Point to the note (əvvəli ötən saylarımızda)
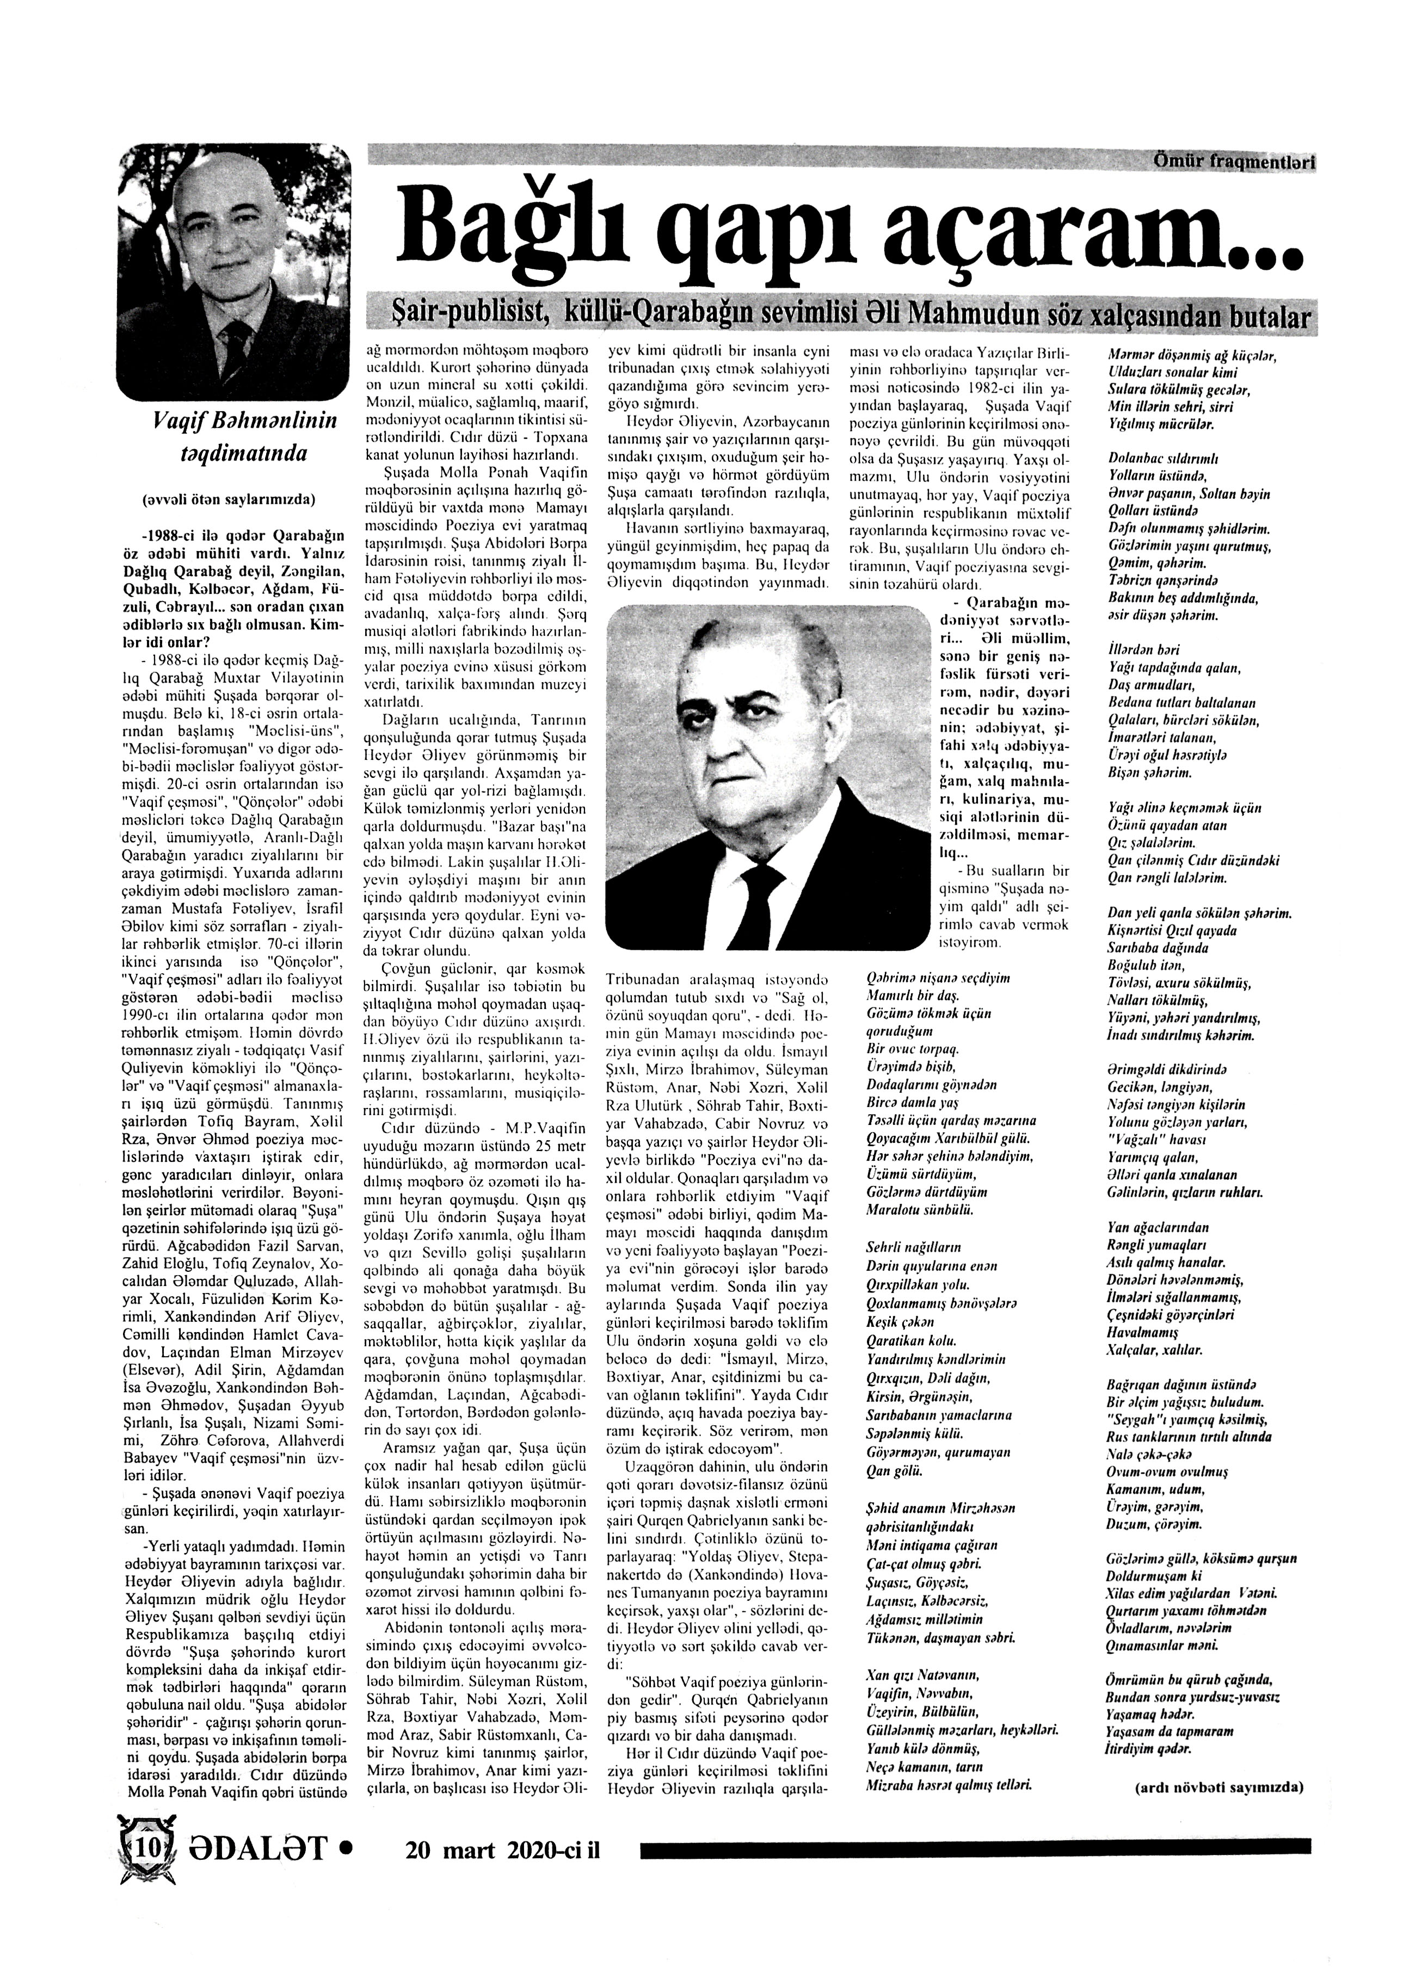[228, 499]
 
